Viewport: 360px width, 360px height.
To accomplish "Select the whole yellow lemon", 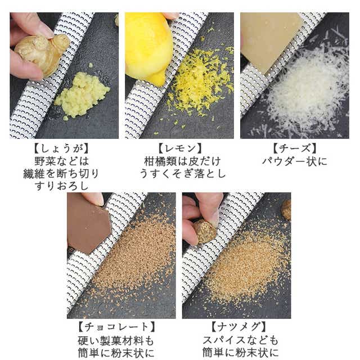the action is tap(148, 47).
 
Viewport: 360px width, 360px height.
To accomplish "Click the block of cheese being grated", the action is tap(271, 40).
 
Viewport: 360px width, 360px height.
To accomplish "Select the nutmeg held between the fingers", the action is tap(205, 231).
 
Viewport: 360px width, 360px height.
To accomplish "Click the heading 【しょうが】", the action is tap(61, 148).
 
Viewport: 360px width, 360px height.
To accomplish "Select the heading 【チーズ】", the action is tap(295, 148).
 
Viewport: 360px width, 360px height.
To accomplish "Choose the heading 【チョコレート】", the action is tap(117, 327).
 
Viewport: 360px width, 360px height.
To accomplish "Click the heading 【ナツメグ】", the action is tap(239, 327).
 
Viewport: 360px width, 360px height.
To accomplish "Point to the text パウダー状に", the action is tap(295, 161).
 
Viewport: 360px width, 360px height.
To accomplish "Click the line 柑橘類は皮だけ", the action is tap(182, 161).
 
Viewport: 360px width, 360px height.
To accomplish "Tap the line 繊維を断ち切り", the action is tap(61, 174).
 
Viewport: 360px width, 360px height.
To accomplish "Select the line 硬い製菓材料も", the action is tap(116, 341).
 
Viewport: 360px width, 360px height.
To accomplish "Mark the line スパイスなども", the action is tap(240, 340).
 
